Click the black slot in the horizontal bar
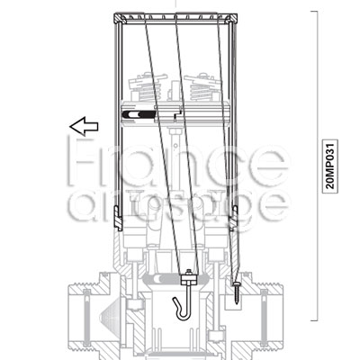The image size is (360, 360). coord(136,115)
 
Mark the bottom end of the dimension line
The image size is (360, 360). coord(313,319)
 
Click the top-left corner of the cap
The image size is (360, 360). coord(115,13)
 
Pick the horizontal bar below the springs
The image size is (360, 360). coord(176,115)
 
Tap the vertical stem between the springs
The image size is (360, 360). coord(175,90)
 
